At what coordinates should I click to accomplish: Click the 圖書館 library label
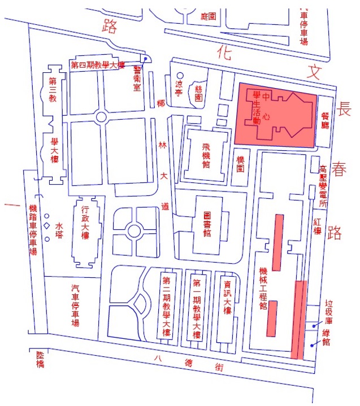[207, 224]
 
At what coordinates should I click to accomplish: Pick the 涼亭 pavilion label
[180, 86]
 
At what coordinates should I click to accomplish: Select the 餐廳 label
[326, 121]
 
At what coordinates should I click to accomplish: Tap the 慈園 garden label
[198, 97]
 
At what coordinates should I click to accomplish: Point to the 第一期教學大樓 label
[197, 307]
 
